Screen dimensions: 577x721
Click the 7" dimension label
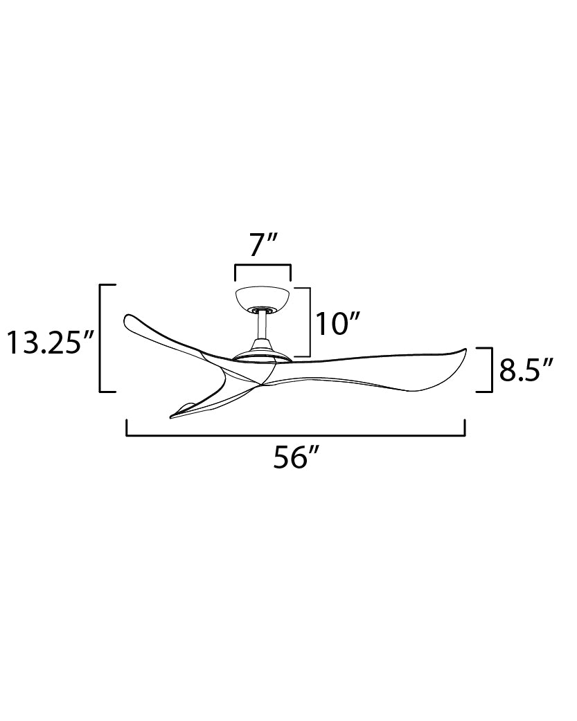(x=263, y=246)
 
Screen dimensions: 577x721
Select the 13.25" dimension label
(x=51, y=343)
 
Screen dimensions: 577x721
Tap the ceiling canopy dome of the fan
(x=263, y=298)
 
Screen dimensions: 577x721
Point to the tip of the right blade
(x=465, y=349)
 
